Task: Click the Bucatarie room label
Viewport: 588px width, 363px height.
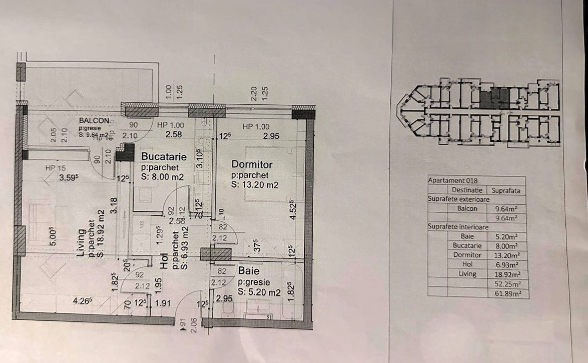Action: click(x=163, y=157)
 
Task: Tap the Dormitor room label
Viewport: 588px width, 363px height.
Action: click(x=252, y=164)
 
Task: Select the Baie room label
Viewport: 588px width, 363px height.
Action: click(x=248, y=271)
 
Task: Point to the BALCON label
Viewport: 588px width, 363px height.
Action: click(x=94, y=121)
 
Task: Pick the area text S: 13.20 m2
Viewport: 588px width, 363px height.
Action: click(x=255, y=185)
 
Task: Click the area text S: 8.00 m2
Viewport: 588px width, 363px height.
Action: click(x=162, y=177)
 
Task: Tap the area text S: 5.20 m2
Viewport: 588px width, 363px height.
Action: click(x=259, y=292)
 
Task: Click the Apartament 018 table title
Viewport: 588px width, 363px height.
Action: click(x=452, y=180)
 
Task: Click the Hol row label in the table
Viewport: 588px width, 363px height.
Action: click(x=467, y=264)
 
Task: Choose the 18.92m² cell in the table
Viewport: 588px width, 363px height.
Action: click(x=508, y=274)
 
